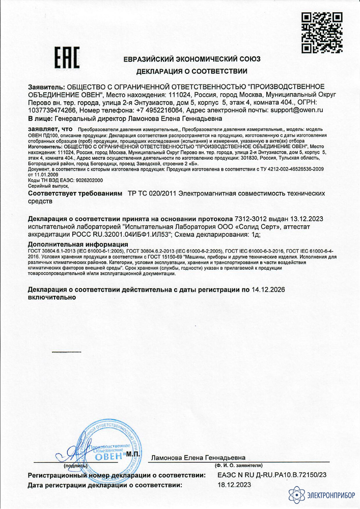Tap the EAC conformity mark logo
pyautogui.click(x=67, y=59)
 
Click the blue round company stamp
pyautogui.click(x=104, y=450)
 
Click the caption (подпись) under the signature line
pyautogui.click(x=75, y=465)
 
